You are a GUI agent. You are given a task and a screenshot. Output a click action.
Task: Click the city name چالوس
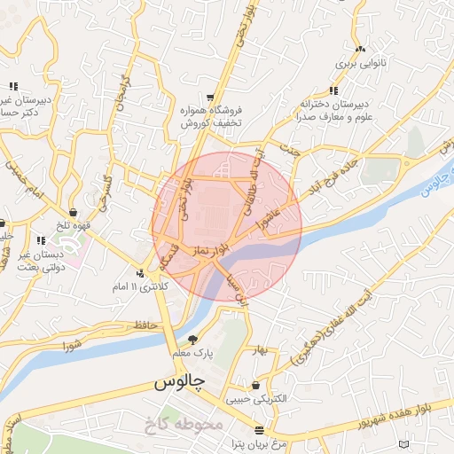[180, 384]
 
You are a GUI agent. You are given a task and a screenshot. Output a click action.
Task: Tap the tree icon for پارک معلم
[193, 340]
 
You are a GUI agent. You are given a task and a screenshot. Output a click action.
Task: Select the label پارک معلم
[193, 354]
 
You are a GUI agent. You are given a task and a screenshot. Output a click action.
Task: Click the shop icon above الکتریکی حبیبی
[256, 386]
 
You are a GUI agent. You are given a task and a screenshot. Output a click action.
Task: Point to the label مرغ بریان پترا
[255, 443]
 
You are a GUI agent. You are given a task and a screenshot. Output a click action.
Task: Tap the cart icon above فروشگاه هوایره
[209, 97]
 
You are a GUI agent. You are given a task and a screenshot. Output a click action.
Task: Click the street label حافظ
[145, 326]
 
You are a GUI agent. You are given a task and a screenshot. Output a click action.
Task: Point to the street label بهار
[260, 348]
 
